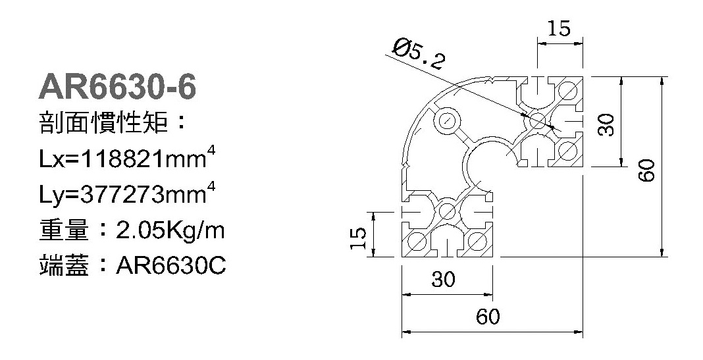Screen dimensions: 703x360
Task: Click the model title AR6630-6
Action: pos(117,87)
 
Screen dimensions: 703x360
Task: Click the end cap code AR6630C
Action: pos(171,266)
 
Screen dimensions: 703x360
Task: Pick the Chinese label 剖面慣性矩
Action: pos(103,122)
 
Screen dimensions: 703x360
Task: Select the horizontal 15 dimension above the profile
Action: pos(560,28)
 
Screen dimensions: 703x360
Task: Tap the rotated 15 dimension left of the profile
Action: pos(359,238)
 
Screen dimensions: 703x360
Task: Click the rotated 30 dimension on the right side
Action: pos(607,124)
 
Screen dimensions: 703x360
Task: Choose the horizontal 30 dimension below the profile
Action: pos(444,279)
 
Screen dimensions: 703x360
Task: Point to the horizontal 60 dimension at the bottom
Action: pos(487,317)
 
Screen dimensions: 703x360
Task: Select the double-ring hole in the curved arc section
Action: pos(446,120)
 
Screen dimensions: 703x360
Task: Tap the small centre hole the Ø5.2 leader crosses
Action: pos(538,120)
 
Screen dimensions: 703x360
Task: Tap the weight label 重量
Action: pos(65,230)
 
